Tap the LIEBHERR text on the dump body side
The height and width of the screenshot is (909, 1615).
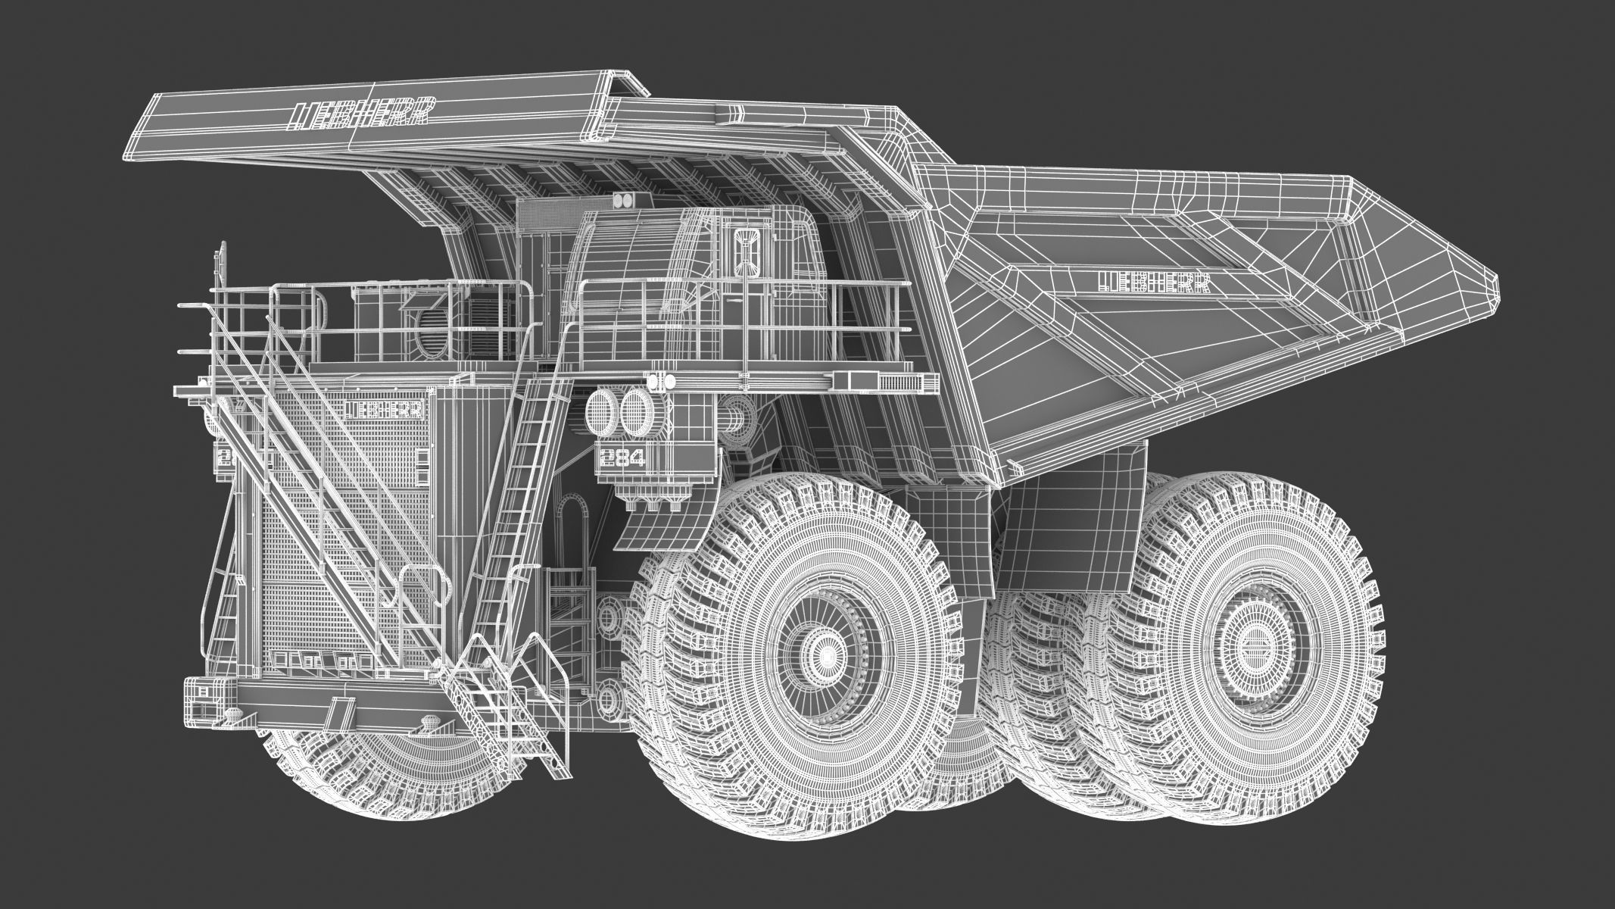(1152, 282)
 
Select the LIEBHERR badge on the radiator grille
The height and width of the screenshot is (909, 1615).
(385, 409)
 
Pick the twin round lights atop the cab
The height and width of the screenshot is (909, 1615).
(625, 200)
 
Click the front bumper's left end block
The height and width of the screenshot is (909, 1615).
(208, 701)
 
